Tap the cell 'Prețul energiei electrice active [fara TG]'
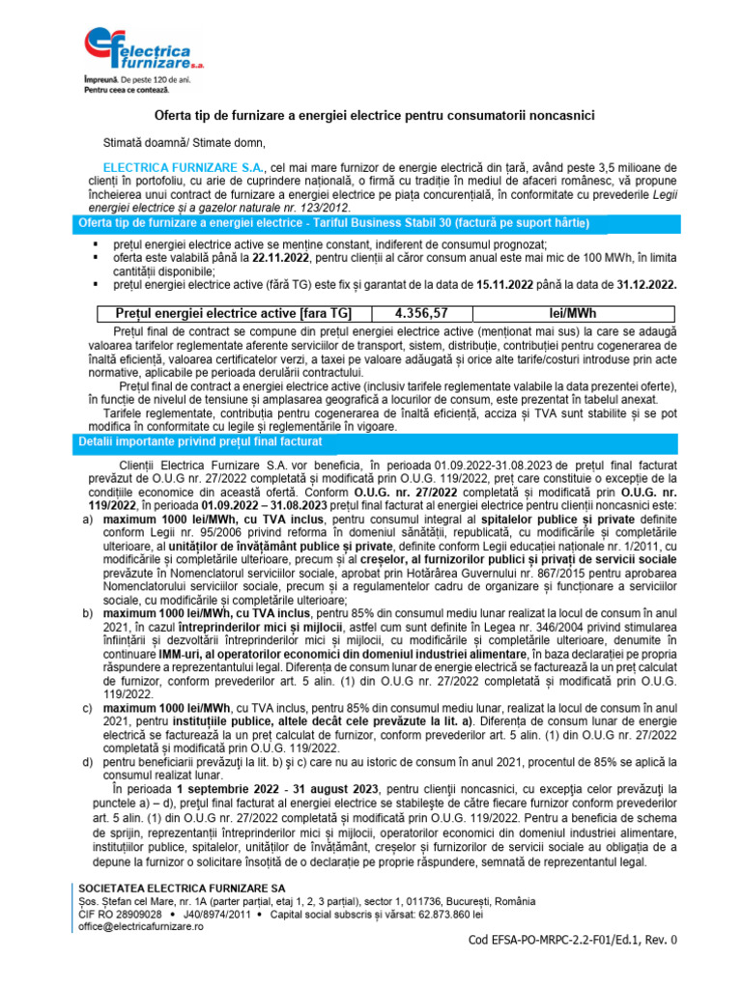pos(233,313)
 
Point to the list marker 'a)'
pos(88,519)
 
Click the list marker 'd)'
pos(88,769)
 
